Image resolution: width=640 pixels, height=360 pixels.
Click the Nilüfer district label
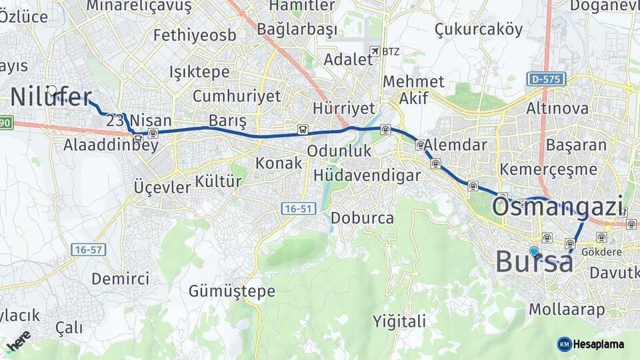[x=51, y=98]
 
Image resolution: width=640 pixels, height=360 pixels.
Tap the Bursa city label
[x=534, y=262]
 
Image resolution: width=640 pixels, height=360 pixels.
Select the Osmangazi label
[x=557, y=207]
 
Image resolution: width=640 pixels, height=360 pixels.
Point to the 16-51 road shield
[x=297, y=209]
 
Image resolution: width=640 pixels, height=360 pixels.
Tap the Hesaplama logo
[x=591, y=344]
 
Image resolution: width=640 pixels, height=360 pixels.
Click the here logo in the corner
[x=17, y=341]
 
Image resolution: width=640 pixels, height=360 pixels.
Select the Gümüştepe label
[x=231, y=291]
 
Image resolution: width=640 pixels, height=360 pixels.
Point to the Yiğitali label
[x=399, y=321]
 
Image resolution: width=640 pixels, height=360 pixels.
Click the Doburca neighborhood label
[x=362, y=217]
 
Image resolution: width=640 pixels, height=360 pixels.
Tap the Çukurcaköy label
[x=478, y=29]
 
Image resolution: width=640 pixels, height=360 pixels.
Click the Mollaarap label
[x=567, y=309]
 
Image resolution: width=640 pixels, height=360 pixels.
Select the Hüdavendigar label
[x=367, y=175]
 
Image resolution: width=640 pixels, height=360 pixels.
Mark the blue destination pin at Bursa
[x=533, y=251]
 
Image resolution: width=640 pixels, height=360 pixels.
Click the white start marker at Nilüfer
[x=52, y=90]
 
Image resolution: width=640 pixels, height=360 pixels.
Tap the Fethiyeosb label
[x=194, y=35]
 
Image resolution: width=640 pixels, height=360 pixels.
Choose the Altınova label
[x=557, y=108]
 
